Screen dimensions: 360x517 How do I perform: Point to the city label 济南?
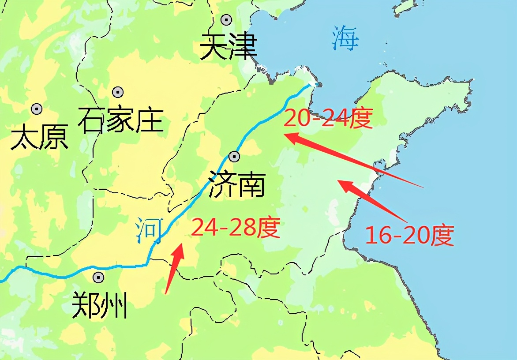pyautogui.click(x=237, y=184)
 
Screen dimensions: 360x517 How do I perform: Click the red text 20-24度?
pyautogui.click(x=328, y=118)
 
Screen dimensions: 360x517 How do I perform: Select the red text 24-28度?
pyautogui.click(x=236, y=228)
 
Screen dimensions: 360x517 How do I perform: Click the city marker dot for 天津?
pyautogui.click(x=227, y=19)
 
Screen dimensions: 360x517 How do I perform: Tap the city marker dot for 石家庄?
pyautogui.click(x=117, y=92)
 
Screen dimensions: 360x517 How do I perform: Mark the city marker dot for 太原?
pyautogui.click(x=37, y=109)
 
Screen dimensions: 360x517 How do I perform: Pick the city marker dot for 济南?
pyautogui.click(x=234, y=156)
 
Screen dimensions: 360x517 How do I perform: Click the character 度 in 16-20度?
pyautogui.click(x=442, y=236)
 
